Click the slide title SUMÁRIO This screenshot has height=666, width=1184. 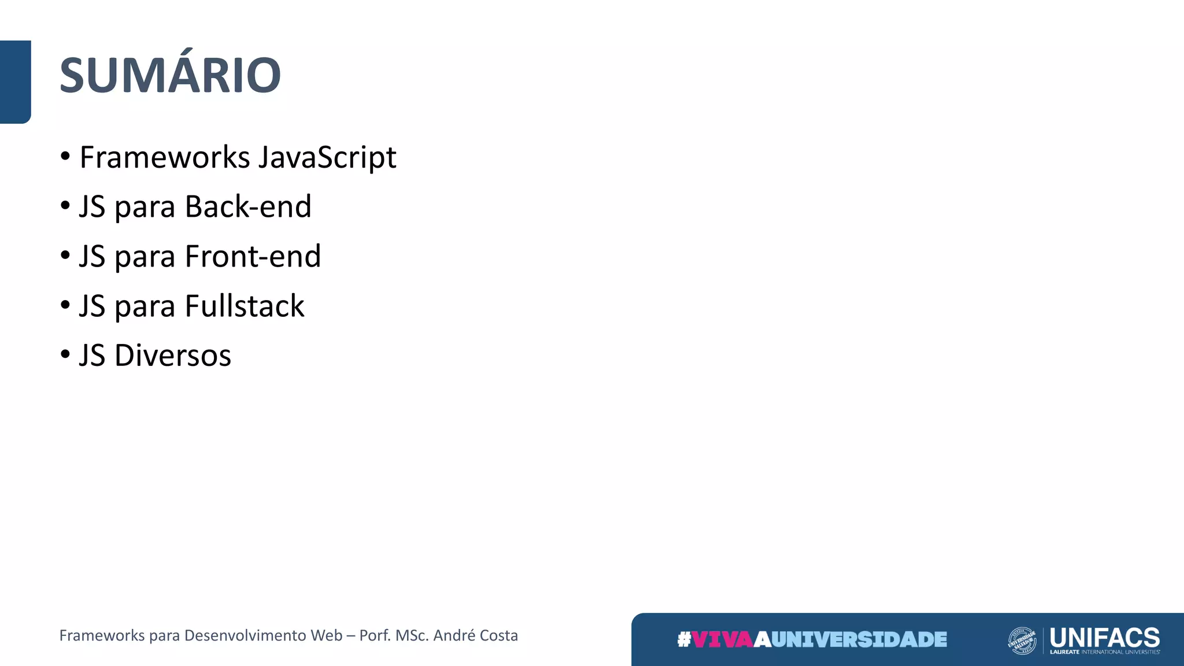coord(170,75)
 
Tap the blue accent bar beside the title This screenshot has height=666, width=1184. coord(15,82)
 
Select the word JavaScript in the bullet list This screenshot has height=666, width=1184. coord(327,157)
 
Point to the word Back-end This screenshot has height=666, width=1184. coord(248,207)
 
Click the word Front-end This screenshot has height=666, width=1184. coord(253,256)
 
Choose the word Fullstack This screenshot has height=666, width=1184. coord(245,306)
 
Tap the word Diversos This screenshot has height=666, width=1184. coord(173,355)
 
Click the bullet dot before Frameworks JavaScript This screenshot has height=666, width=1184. coord(65,157)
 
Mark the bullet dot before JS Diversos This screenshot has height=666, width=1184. coord(65,354)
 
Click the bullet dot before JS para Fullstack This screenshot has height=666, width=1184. coord(65,305)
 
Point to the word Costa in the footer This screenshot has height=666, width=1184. coord(499,635)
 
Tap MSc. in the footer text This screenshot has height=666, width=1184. coord(411,635)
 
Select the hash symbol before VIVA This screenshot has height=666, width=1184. coord(684,639)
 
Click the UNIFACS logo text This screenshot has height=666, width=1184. coord(1104,637)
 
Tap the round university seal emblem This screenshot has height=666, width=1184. coord(1022,641)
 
